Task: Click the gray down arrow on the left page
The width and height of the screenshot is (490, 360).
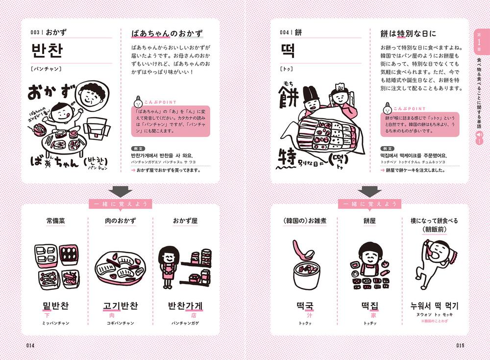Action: tap(121, 191)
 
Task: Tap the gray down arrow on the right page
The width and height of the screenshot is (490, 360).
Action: tap(369, 191)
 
